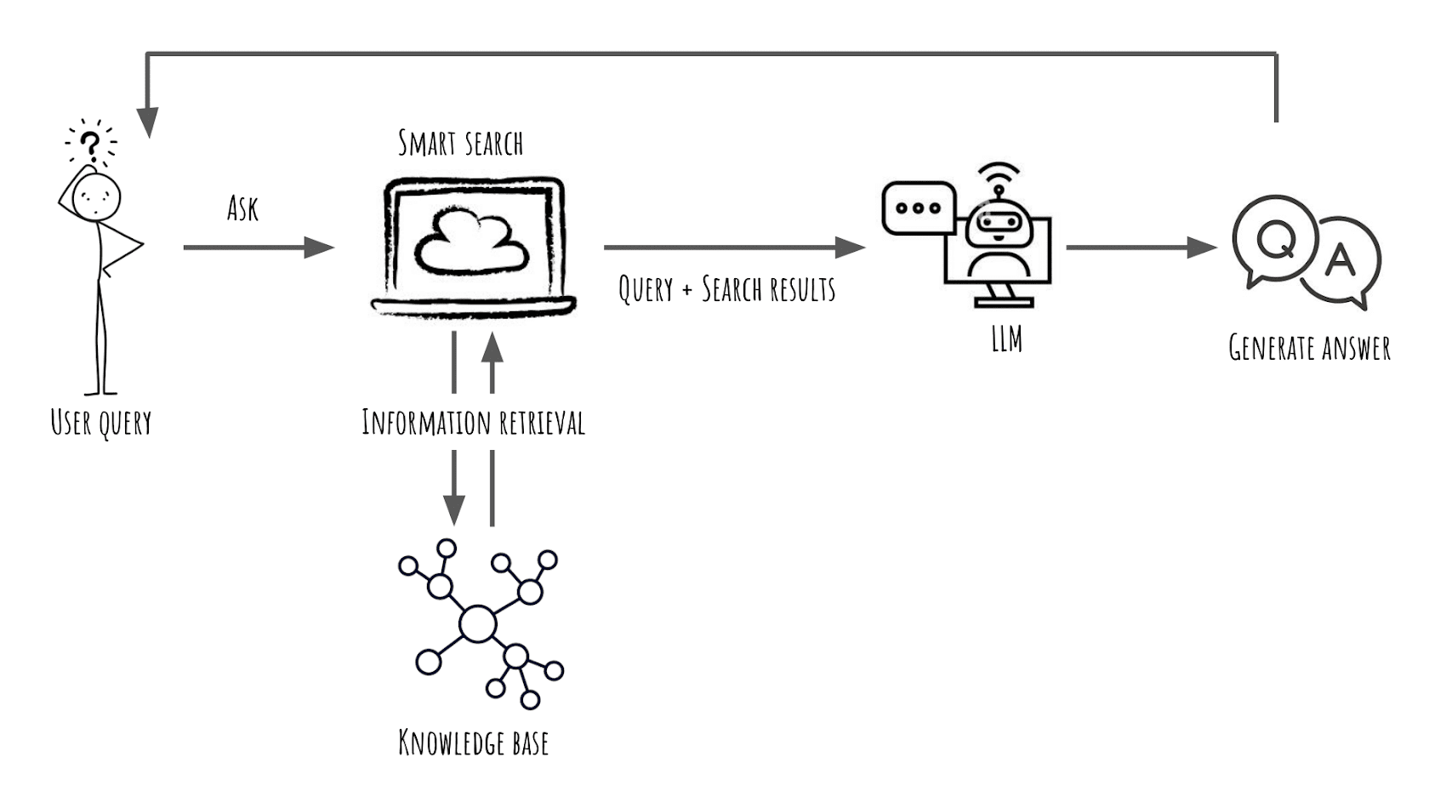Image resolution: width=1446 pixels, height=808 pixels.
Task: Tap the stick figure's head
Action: pyautogui.click(x=97, y=198)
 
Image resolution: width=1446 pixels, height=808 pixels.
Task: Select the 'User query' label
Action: pyautogui.click(x=101, y=423)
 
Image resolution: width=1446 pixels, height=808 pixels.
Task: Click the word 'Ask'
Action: pyautogui.click(x=242, y=208)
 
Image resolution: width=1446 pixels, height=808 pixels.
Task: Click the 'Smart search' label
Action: pyautogui.click(x=460, y=144)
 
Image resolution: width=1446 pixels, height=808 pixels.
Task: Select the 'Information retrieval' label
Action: pyautogui.click(x=473, y=423)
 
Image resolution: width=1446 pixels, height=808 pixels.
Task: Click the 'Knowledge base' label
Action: pyautogui.click(x=473, y=743)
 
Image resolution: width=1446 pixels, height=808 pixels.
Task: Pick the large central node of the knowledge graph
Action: pyautogui.click(x=477, y=624)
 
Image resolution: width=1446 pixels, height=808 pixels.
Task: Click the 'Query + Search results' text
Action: pyautogui.click(x=726, y=289)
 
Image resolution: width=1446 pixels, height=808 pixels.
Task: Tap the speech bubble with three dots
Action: pyautogui.click(x=918, y=208)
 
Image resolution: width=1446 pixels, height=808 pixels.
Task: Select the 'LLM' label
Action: pyautogui.click(x=1006, y=339)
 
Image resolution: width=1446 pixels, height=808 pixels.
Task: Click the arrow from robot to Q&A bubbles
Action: pyautogui.click(x=1140, y=248)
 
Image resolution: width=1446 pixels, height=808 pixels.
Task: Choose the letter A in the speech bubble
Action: pyautogui.click(x=1341, y=259)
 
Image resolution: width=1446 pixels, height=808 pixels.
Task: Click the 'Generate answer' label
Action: pyautogui.click(x=1309, y=348)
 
